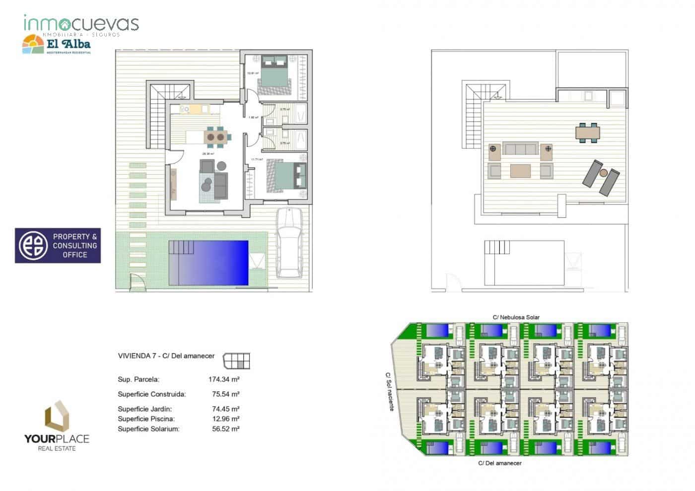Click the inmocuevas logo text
(x=81, y=24)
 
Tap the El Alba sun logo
(x=33, y=45)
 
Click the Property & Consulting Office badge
(x=58, y=246)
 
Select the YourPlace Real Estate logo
(x=57, y=425)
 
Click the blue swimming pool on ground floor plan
(x=208, y=263)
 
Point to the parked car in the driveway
(x=289, y=242)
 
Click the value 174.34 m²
(x=224, y=379)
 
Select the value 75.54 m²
(x=225, y=394)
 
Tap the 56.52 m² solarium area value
(x=225, y=429)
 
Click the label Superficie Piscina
(x=146, y=419)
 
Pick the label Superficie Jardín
(x=144, y=409)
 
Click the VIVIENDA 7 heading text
(x=166, y=356)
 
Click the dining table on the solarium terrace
(x=587, y=133)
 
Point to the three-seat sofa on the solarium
(x=520, y=148)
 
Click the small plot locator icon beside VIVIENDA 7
(x=237, y=361)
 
